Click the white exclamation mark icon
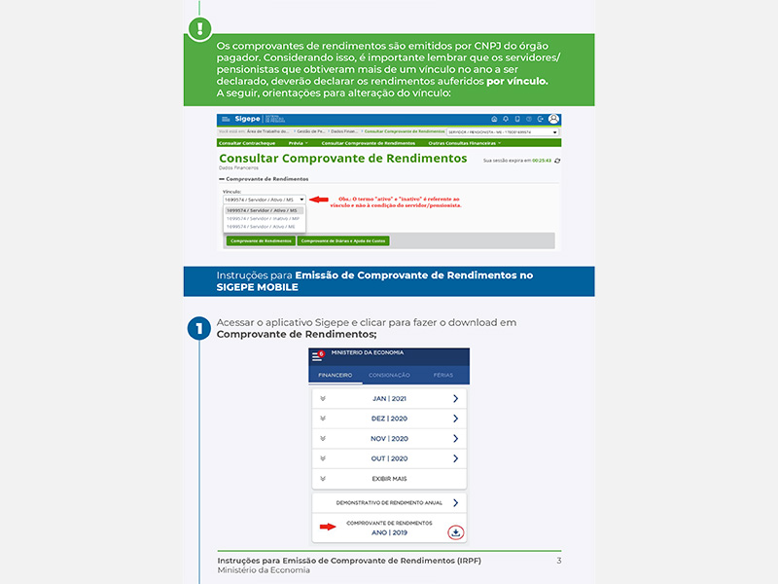[x=199, y=27]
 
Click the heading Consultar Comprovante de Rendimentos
[x=342, y=159]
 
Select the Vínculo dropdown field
[x=264, y=199]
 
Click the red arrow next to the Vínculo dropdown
[x=319, y=199]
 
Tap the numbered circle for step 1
[x=199, y=328]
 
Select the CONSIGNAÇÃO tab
[x=389, y=375]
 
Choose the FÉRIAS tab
[x=443, y=375]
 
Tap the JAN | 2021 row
[x=389, y=399]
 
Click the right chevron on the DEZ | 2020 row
[x=455, y=419]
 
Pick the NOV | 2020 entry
[x=389, y=439]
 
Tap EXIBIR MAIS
[x=389, y=479]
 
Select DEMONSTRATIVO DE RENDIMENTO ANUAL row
[x=389, y=503]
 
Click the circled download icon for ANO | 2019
[x=455, y=531]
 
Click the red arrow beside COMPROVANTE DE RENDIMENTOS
[x=327, y=527]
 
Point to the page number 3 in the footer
[x=558, y=561]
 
